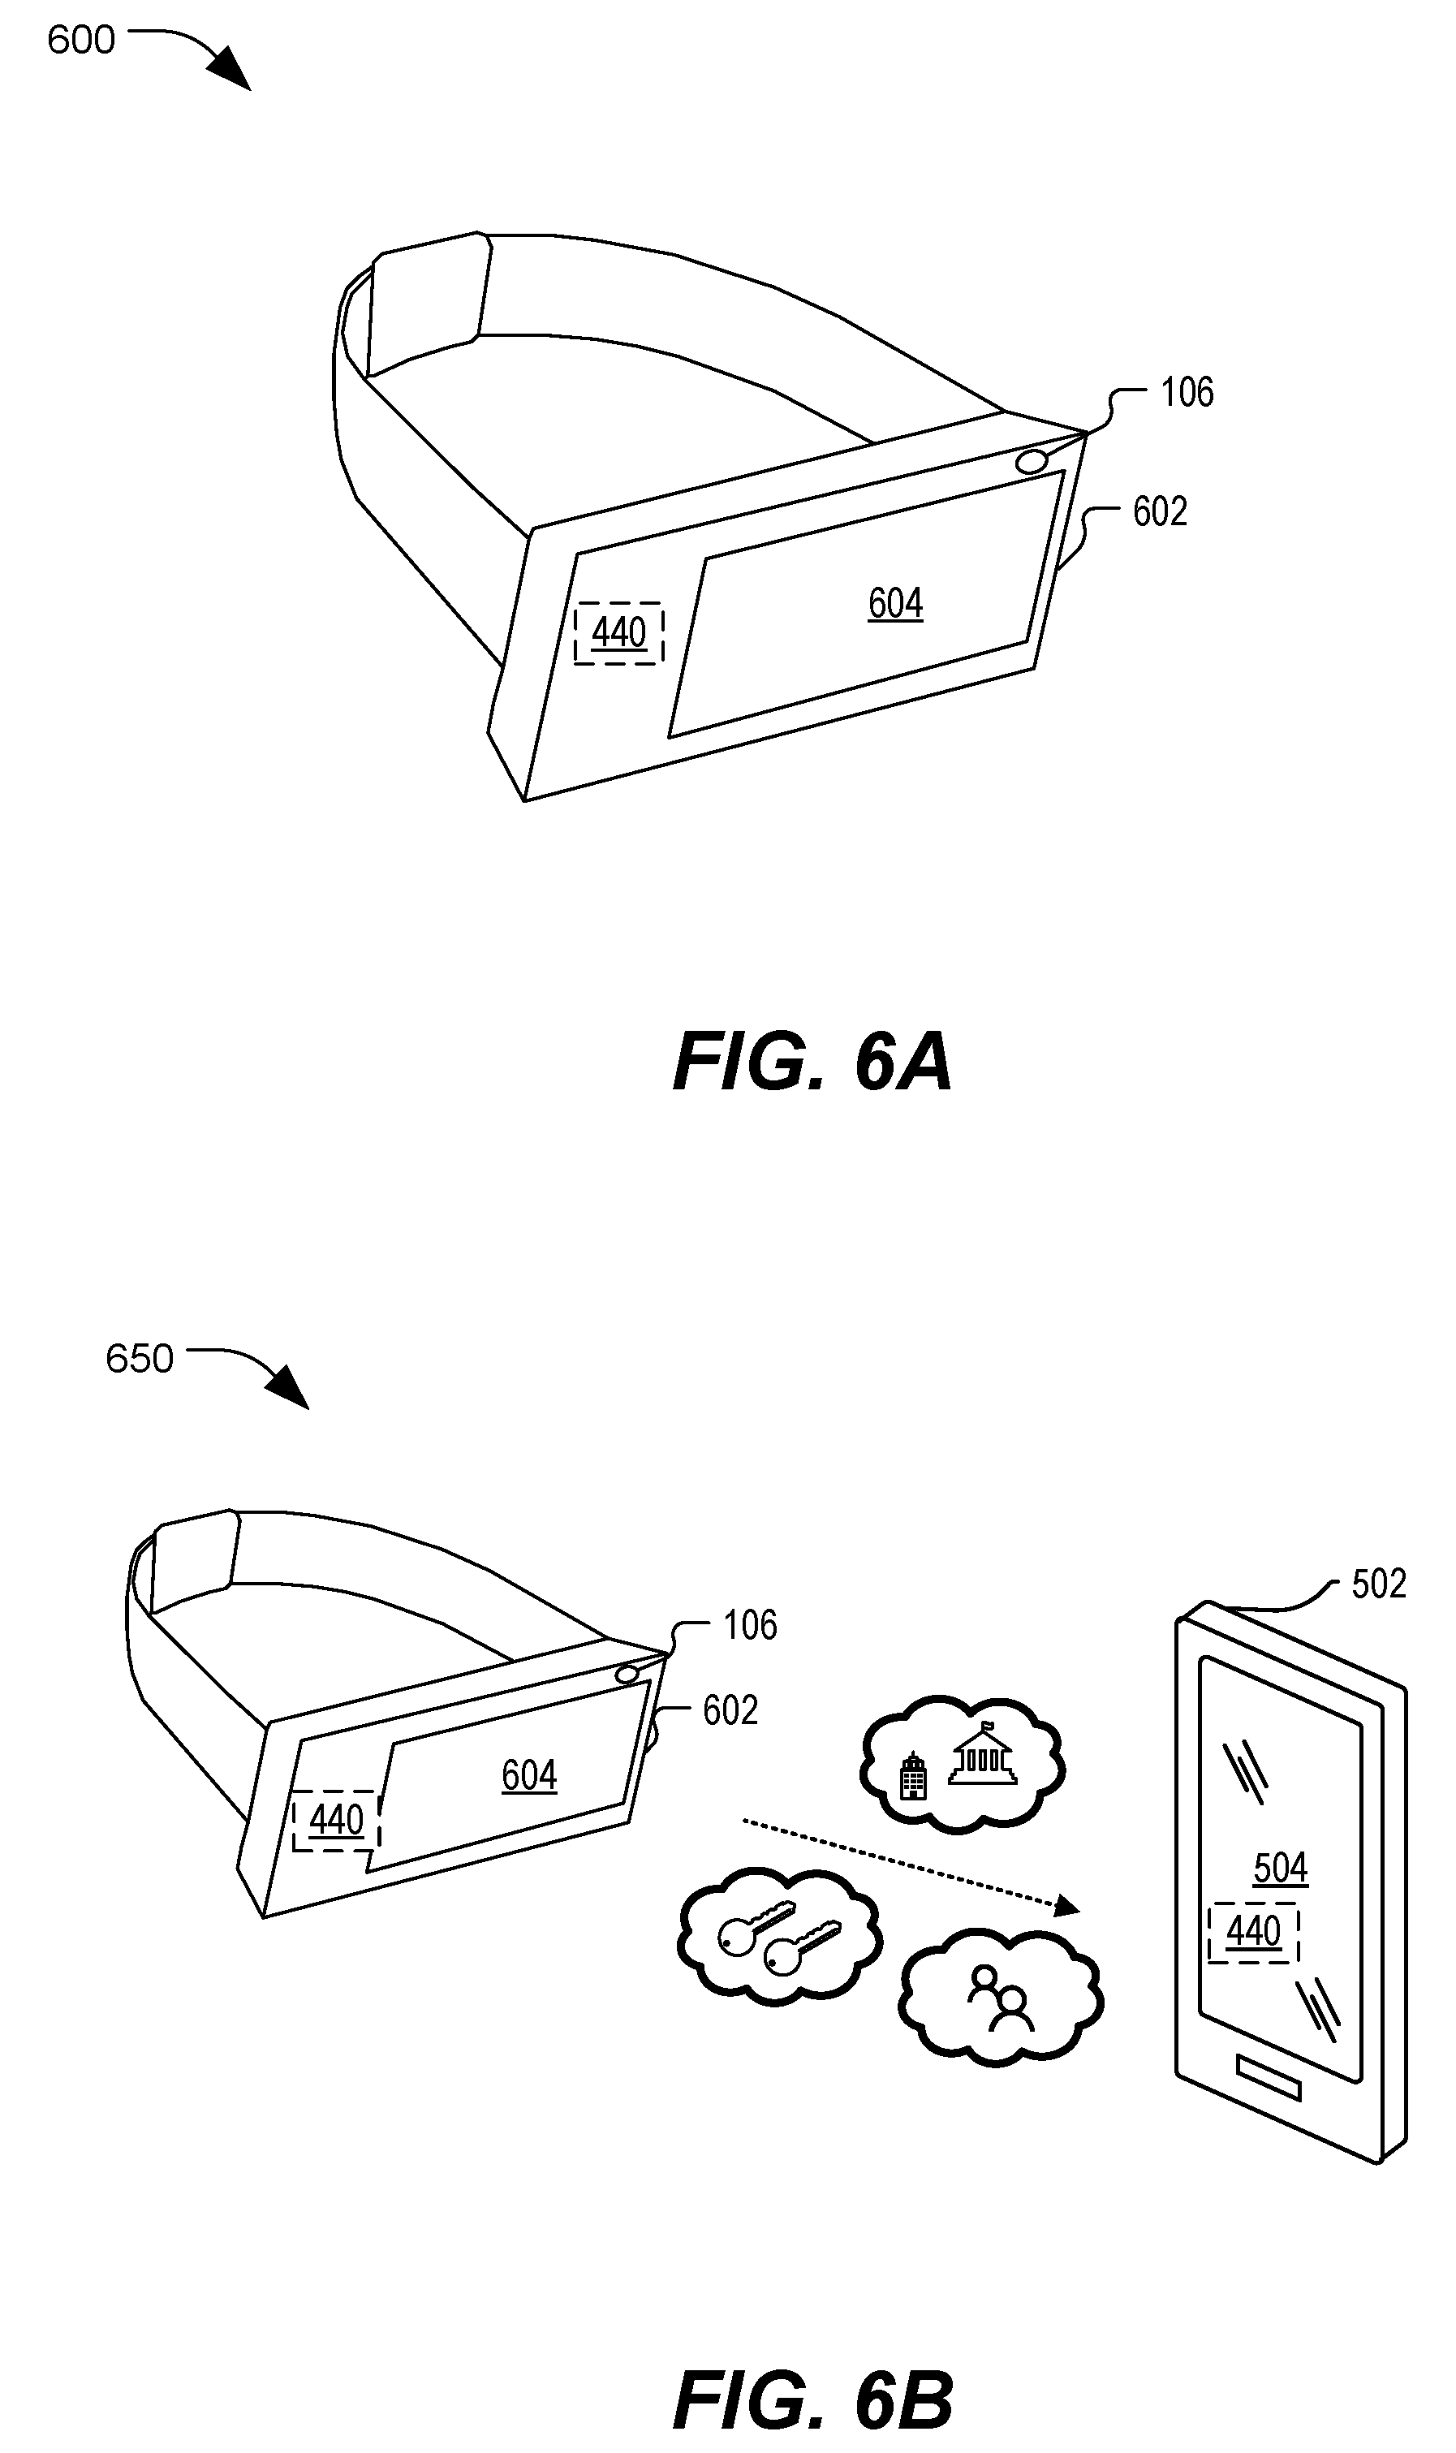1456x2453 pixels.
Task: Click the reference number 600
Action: (81, 41)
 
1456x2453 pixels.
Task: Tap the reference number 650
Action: (140, 1359)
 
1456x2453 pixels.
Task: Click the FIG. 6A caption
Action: (812, 1063)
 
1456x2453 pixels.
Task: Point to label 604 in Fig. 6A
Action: (895, 602)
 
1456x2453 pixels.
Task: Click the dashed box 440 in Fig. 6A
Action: (618, 633)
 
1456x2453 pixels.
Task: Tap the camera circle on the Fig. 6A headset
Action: (1032, 461)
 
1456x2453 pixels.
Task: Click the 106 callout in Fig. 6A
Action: (1187, 393)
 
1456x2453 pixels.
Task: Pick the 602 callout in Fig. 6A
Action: (1160, 511)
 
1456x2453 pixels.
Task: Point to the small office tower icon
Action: (912, 1776)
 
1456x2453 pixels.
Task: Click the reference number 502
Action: (1378, 1584)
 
